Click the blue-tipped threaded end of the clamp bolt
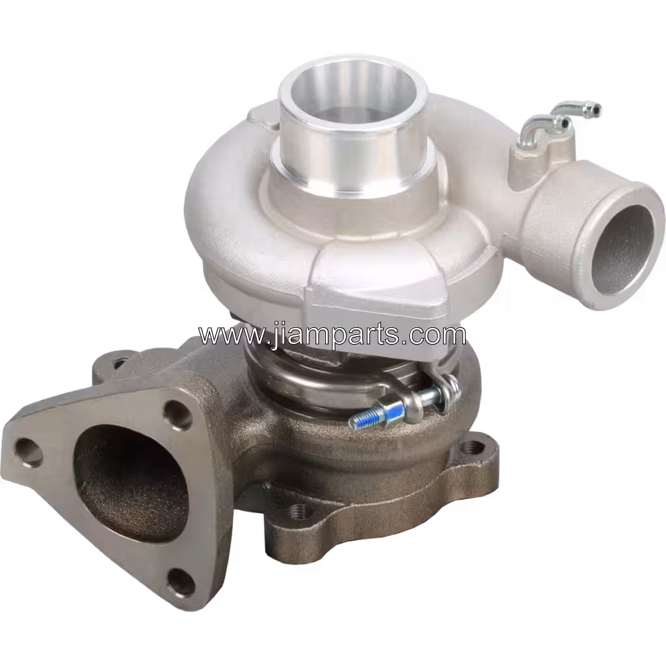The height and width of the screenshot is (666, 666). [x=364, y=420]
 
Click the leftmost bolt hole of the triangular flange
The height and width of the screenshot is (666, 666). [x=29, y=449]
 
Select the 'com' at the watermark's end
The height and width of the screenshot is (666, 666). [x=442, y=336]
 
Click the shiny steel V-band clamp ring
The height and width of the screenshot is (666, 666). [x=306, y=384]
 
